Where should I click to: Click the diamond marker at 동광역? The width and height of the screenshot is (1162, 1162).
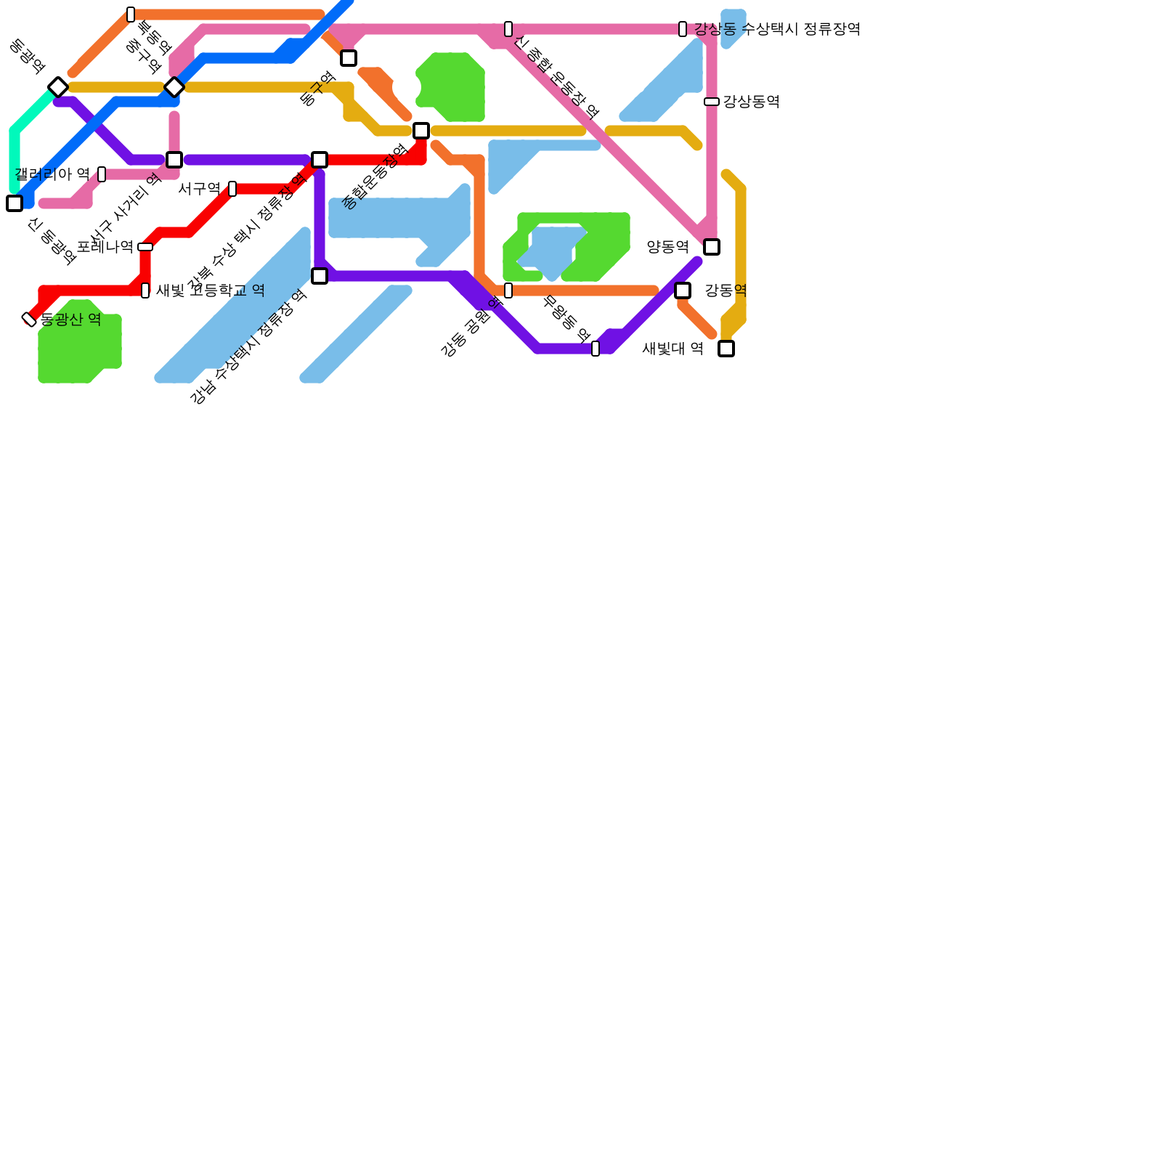click(x=58, y=87)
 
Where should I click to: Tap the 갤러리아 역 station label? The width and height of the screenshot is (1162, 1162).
click(x=52, y=174)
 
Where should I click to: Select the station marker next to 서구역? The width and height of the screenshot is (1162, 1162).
click(x=232, y=189)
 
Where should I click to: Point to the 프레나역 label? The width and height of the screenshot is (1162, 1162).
click(x=105, y=247)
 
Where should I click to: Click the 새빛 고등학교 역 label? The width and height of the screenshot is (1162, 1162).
click(x=210, y=290)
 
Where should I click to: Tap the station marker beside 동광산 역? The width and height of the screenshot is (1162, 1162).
click(x=29, y=319)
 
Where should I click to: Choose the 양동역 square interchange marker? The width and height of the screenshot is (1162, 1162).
click(x=712, y=247)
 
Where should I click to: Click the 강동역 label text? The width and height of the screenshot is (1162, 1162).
click(x=726, y=290)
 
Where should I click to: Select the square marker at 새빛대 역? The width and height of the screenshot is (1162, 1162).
click(x=726, y=349)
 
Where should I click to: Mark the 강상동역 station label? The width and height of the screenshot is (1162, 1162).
click(x=751, y=102)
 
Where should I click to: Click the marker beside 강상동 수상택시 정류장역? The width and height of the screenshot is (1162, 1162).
click(x=683, y=29)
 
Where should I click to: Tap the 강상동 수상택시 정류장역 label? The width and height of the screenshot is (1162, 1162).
click(x=777, y=29)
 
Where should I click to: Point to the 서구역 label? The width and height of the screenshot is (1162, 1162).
click(x=199, y=189)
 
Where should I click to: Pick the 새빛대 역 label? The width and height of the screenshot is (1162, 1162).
click(x=673, y=349)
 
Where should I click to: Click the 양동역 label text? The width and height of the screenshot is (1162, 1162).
click(x=667, y=247)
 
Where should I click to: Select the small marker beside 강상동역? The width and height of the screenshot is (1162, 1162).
click(x=712, y=102)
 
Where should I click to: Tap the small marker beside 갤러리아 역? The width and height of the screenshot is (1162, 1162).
click(x=102, y=174)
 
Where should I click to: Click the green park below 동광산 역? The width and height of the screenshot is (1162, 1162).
click(x=76, y=349)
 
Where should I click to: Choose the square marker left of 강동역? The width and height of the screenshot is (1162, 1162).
click(x=683, y=290)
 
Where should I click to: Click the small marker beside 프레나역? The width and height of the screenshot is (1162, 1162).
click(x=145, y=247)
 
